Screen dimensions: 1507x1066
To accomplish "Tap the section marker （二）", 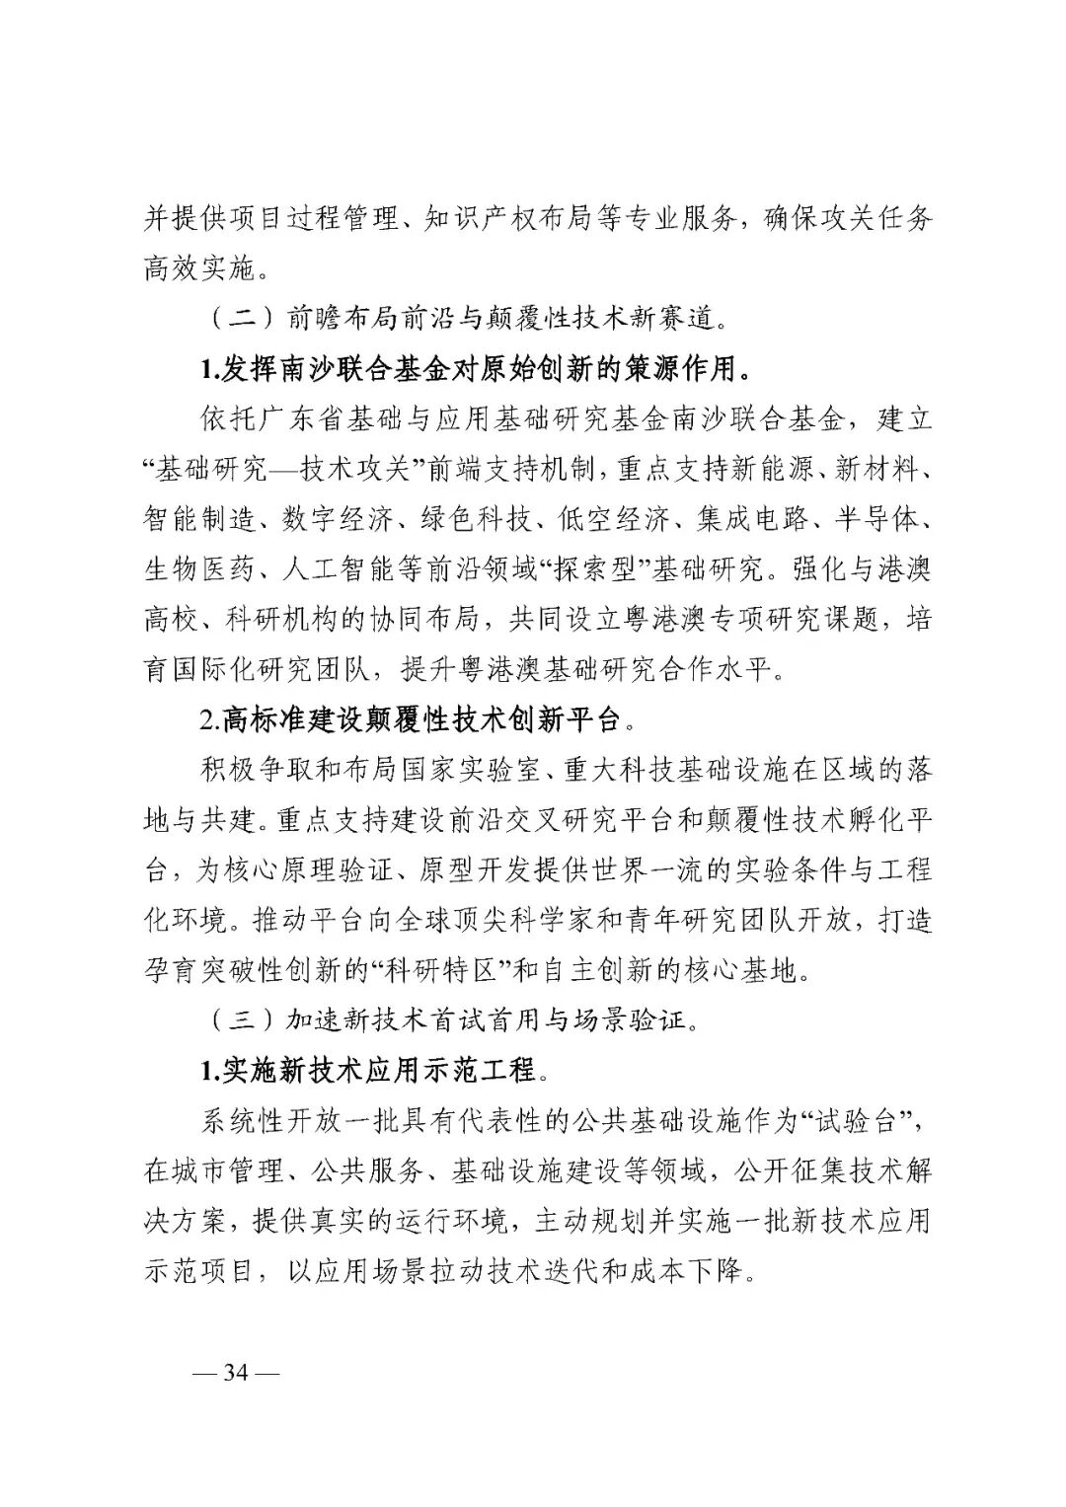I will coord(238,318).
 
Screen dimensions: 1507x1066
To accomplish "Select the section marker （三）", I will coord(238,1019).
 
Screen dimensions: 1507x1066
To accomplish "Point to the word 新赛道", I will coord(672,318).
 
